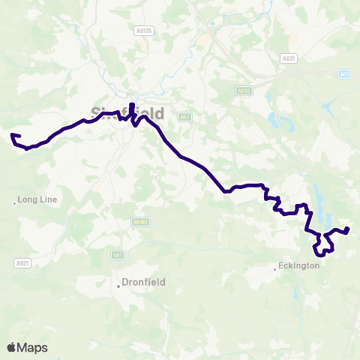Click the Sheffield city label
(x=127, y=112)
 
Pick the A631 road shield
(x=288, y=58)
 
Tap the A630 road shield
(x=241, y=91)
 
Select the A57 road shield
(x=184, y=117)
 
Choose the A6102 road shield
(x=140, y=222)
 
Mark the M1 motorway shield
(x=343, y=73)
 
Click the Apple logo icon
(x=11, y=347)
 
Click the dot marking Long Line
(x=14, y=201)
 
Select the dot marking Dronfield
(x=118, y=283)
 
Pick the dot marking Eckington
(x=274, y=267)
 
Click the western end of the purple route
(x=12, y=135)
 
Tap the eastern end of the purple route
(x=347, y=229)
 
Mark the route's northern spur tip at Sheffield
(x=132, y=103)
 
